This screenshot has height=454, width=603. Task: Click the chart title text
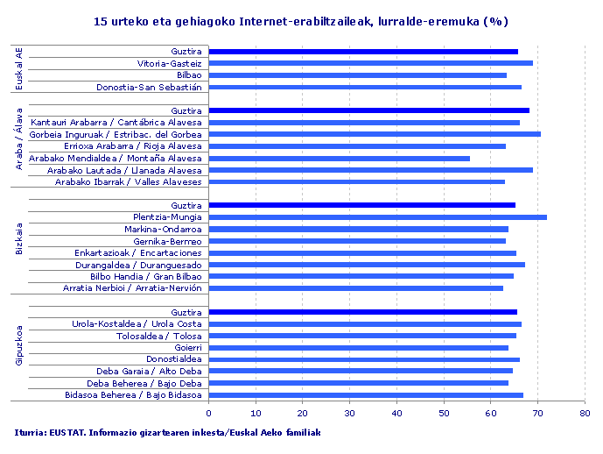(300, 20)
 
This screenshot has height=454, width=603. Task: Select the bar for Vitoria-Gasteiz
(370, 63)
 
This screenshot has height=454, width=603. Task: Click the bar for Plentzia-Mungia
(377, 217)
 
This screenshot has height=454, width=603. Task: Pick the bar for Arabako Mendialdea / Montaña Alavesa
(339, 159)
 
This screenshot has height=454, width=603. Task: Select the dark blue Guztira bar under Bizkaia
(361, 205)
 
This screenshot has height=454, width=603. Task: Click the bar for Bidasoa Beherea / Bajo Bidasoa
(366, 395)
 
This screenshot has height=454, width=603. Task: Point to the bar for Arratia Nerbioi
(355, 288)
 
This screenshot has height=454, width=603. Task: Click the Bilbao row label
(189, 75)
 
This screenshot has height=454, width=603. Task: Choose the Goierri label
(188, 348)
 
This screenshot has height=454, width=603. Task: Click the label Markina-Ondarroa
(168, 230)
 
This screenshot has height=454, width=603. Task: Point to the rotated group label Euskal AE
(19, 69)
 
